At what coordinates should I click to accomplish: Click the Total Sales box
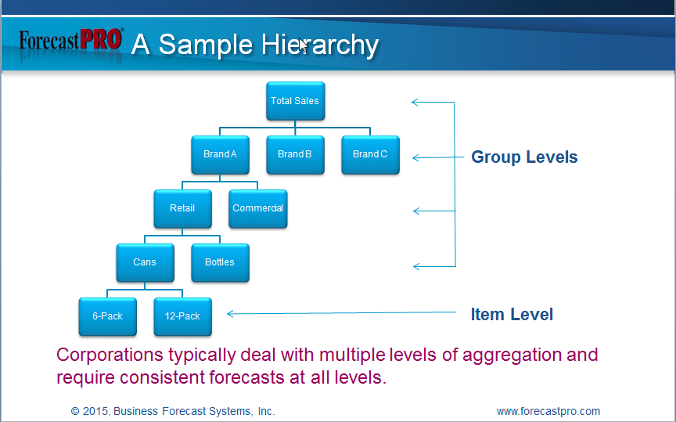[x=295, y=101]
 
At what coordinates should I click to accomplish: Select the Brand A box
[x=221, y=155]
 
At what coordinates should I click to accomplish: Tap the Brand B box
[x=295, y=155]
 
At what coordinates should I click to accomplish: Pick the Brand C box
[x=370, y=155]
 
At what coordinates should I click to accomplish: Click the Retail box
[x=183, y=209]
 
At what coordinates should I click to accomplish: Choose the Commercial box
[x=258, y=209]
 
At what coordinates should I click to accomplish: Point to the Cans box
[x=146, y=263]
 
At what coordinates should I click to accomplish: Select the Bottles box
[x=221, y=263]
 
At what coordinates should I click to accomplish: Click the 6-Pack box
[x=108, y=317]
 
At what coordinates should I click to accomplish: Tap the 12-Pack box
[x=183, y=317]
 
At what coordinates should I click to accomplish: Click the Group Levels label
[x=524, y=157]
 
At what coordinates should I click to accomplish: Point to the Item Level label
[x=512, y=314]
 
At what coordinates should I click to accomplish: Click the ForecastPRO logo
[x=71, y=41]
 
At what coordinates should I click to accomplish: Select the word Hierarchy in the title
[x=320, y=45]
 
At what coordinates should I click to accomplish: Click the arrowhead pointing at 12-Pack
[x=230, y=314]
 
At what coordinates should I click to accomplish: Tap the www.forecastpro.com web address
[x=548, y=411]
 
